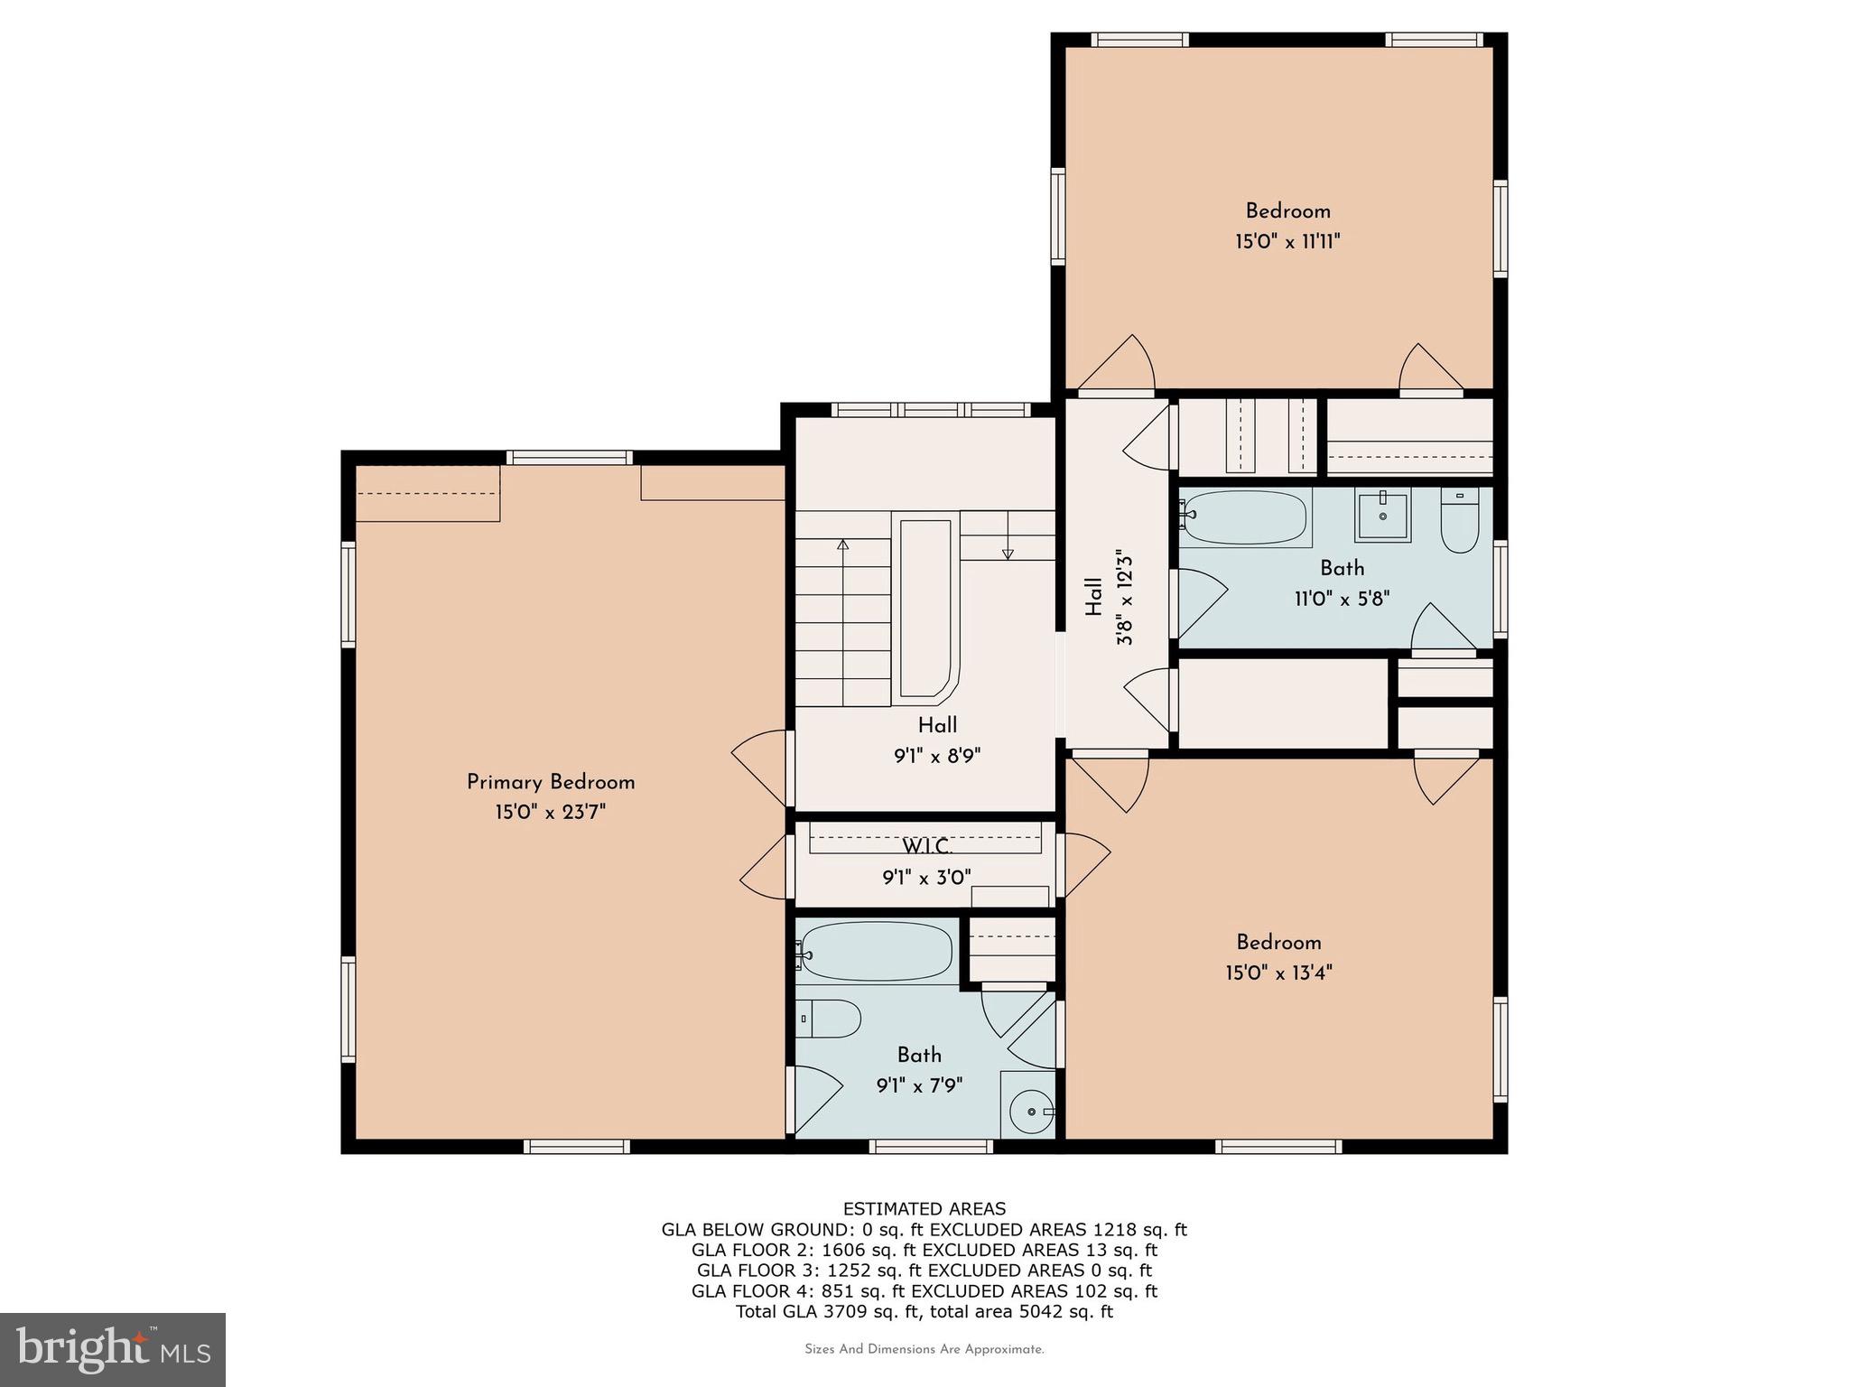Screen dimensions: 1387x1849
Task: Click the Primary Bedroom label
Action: (551, 782)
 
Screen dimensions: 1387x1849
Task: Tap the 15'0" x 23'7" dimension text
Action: (550, 812)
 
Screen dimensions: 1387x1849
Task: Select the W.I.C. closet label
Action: (926, 847)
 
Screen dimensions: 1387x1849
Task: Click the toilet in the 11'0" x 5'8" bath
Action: (1459, 524)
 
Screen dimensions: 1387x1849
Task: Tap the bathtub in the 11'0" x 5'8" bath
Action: (1245, 517)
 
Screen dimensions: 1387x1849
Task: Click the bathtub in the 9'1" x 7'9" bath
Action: (875, 952)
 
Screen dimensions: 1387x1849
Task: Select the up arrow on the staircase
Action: (842, 545)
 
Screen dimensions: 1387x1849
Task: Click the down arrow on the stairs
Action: (1008, 554)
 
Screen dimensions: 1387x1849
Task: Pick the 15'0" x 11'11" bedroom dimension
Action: (1287, 242)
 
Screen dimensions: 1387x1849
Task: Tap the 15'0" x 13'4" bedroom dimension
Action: (1278, 973)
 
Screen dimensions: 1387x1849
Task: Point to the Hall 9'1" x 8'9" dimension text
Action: (937, 756)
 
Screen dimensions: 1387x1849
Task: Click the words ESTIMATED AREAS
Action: (924, 1208)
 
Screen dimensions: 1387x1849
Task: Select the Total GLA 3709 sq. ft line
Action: (924, 1312)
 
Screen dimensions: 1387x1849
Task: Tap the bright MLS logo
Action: (113, 1349)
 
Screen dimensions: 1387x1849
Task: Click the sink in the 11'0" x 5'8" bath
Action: (1382, 517)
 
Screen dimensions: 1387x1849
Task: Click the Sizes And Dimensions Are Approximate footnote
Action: (924, 1350)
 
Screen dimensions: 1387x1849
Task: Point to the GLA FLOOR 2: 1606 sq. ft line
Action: (924, 1250)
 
